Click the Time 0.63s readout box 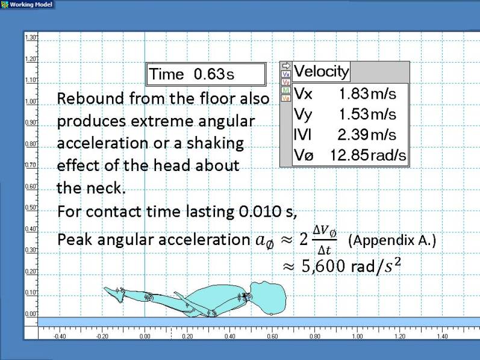[x=206, y=74]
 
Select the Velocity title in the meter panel [x=321, y=71]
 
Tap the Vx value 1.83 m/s [x=367, y=94]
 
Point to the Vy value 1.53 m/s [x=367, y=114]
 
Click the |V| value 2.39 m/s [x=367, y=135]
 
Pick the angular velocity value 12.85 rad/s [x=368, y=155]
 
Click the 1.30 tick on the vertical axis [x=31, y=37]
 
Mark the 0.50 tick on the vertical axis [x=31, y=207]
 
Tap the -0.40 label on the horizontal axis [x=60, y=336]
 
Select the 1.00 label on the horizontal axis [x=357, y=336]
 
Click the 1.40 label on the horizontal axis [x=442, y=336]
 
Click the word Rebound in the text [x=90, y=99]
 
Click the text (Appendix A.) [x=392, y=240]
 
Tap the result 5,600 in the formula [x=323, y=265]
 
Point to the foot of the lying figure [x=114, y=294]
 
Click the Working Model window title [x=31, y=5]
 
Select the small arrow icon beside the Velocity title [x=286, y=66]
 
